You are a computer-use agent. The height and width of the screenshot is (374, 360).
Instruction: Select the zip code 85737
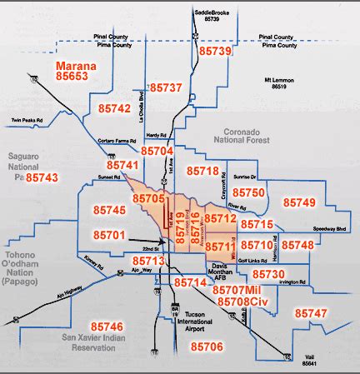[x=164, y=87]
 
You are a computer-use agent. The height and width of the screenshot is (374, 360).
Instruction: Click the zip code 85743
[x=42, y=178]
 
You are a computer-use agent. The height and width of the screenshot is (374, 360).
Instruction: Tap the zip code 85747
[x=311, y=312]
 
